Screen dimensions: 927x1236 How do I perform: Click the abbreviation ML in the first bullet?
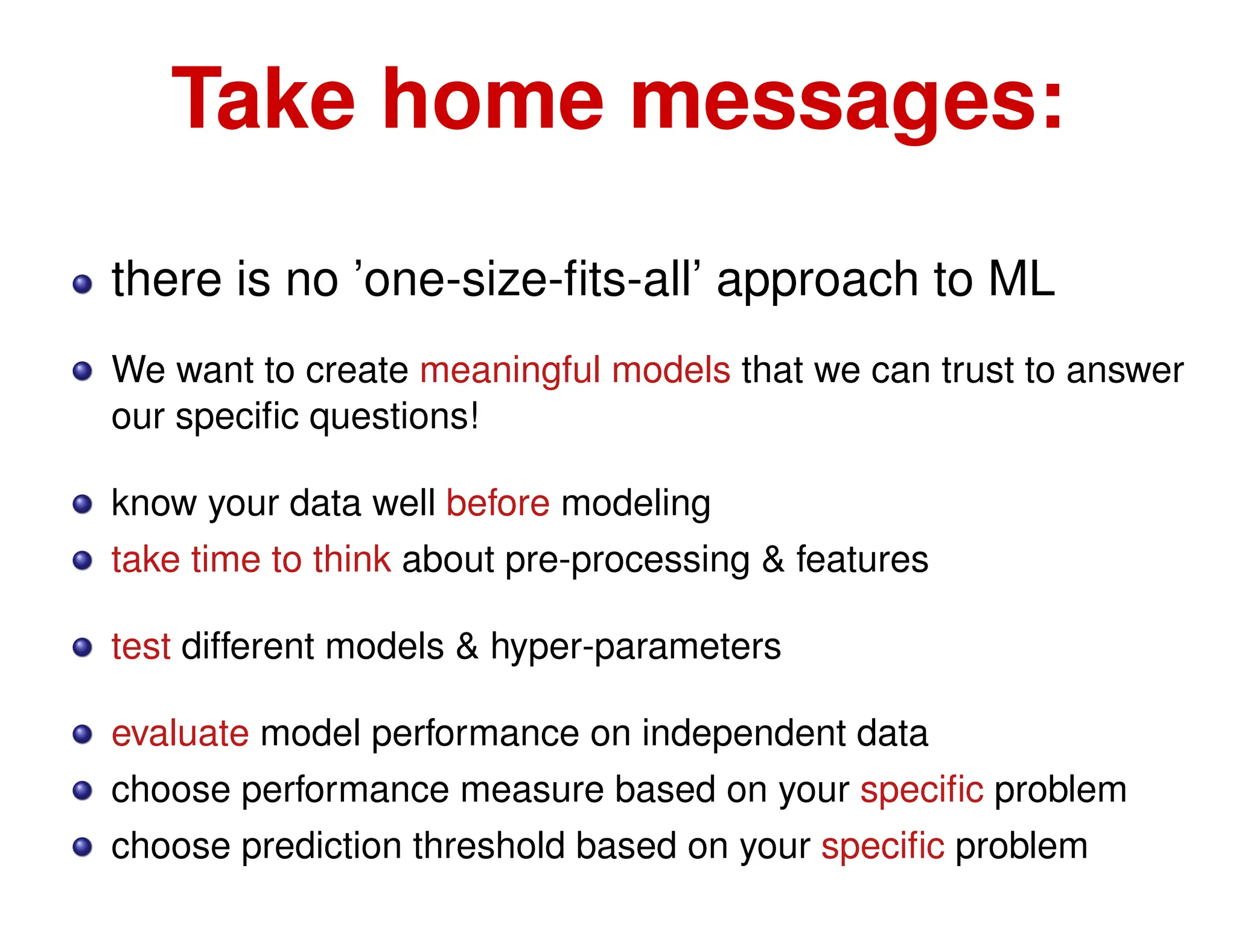tap(1021, 280)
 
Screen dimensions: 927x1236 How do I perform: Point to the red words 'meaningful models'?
tap(575, 370)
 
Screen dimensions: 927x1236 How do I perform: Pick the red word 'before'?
tap(498, 503)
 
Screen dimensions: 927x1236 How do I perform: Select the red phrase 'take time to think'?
tap(251, 559)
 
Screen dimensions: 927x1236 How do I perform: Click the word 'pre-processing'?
tap(628, 561)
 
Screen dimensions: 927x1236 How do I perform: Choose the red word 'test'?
tap(141, 647)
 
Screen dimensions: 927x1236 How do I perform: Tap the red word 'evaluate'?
tap(180, 734)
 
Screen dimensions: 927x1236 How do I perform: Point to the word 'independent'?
tap(744, 734)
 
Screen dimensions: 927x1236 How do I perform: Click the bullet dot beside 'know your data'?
tap(82, 504)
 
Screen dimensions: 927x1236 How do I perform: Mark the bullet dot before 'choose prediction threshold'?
tap(82, 847)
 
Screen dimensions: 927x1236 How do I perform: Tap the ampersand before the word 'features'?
tap(773, 559)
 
